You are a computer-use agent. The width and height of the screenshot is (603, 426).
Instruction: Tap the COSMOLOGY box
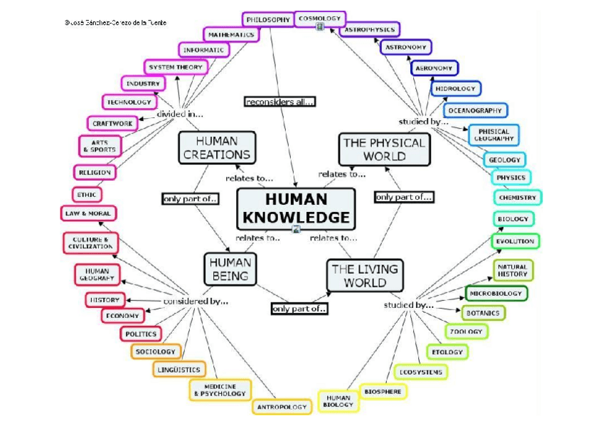pyautogui.click(x=319, y=18)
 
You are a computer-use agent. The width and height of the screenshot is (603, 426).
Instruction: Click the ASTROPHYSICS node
pyautogui.click(x=370, y=30)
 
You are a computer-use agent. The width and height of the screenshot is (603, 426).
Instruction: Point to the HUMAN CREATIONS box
pyautogui.click(x=216, y=148)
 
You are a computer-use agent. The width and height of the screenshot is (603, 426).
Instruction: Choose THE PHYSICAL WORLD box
pyautogui.click(x=384, y=149)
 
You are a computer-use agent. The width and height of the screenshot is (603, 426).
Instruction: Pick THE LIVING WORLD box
pyautogui.click(x=365, y=275)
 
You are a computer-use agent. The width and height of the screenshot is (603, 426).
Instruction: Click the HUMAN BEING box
pyautogui.click(x=230, y=268)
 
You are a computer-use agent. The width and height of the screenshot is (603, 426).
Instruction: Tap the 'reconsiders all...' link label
pyautogui.click(x=279, y=102)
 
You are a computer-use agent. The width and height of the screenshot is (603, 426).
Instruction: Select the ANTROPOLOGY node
pyautogui.click(x=282, y=407)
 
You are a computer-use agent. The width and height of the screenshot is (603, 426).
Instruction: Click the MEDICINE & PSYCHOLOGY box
pyautogui.click(x=220, y=389)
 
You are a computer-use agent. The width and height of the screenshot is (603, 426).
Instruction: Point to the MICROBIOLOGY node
pyautogui.click(x=496, y=293)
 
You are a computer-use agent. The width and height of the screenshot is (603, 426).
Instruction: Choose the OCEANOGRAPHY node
pyautogui.click(x=475, y=110)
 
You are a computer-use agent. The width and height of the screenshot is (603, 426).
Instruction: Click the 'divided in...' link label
pyautogui.click(x=180, y=114)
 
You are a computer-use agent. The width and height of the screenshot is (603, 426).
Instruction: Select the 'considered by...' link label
pyautogui.click(x=195, y=301)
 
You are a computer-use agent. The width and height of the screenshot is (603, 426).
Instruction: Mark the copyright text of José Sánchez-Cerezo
pyautogui.click(x=116, y=23)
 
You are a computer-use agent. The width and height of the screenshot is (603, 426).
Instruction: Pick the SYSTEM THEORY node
pyautogui.click(x=175, y=67)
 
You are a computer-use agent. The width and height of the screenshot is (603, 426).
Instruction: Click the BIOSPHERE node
pyautogui.click(x=383, y=391)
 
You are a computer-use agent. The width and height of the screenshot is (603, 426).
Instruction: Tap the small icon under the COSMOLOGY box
pyautogui.click(x=320, y=28)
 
